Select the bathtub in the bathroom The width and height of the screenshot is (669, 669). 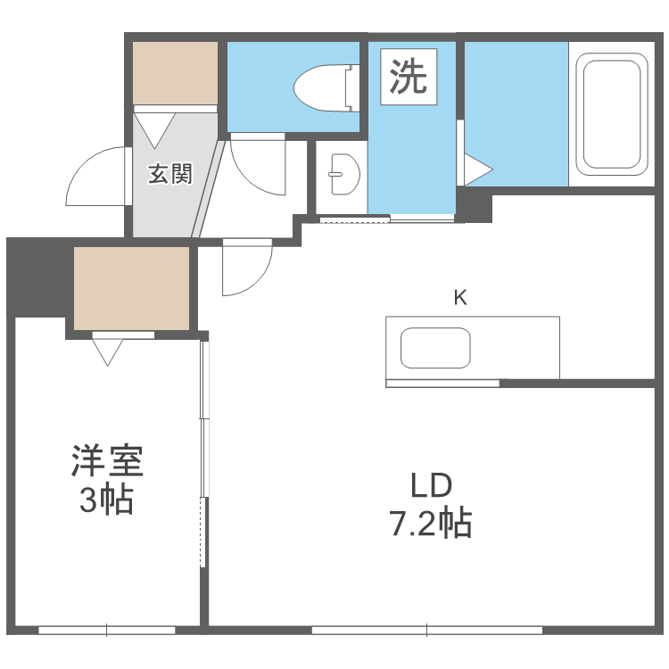[612, 114]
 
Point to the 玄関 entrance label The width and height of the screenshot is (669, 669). [169, 173]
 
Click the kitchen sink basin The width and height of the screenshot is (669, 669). [435, 348]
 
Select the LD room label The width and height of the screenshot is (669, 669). [432, 486]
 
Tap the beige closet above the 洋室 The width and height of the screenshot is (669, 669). [131, 288]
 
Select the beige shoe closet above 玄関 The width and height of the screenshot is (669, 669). [176, 72]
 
